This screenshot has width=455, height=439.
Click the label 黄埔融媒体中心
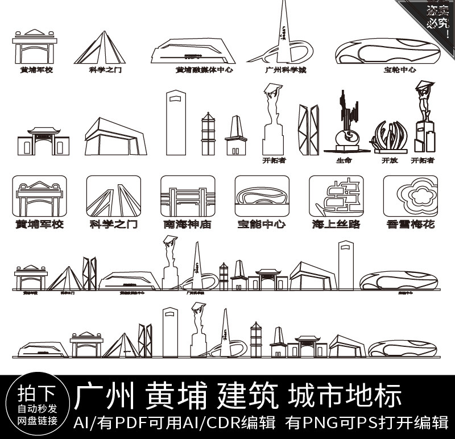pos(204,70)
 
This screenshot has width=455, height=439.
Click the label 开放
pos(388,160)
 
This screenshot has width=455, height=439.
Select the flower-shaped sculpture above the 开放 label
pos(389,136)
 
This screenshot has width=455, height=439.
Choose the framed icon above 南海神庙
pos(188,196)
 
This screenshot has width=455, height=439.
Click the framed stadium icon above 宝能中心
pos(262,196)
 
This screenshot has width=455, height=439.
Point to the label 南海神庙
pos(187,224)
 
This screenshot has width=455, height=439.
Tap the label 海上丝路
pos(336,224)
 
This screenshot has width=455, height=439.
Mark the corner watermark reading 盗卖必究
pos(437,16)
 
